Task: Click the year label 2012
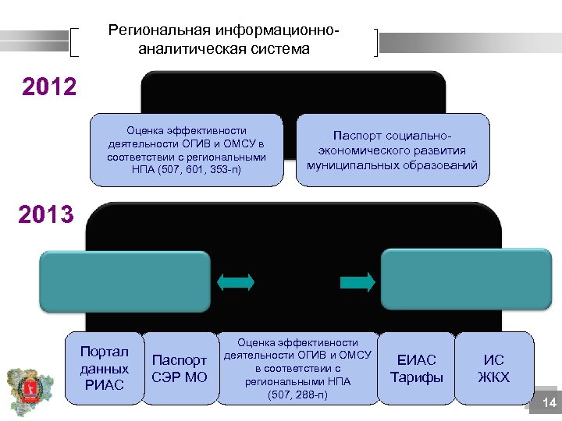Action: (x=49, y=86)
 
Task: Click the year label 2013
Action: (x=45, y=214)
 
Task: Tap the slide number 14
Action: (x=549, y=402)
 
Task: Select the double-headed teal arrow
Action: (x=236, y=282)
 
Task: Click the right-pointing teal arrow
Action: (x=357, y=282)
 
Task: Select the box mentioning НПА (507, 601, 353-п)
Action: (x=187, y=150)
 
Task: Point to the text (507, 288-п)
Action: (x=297, y=395)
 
